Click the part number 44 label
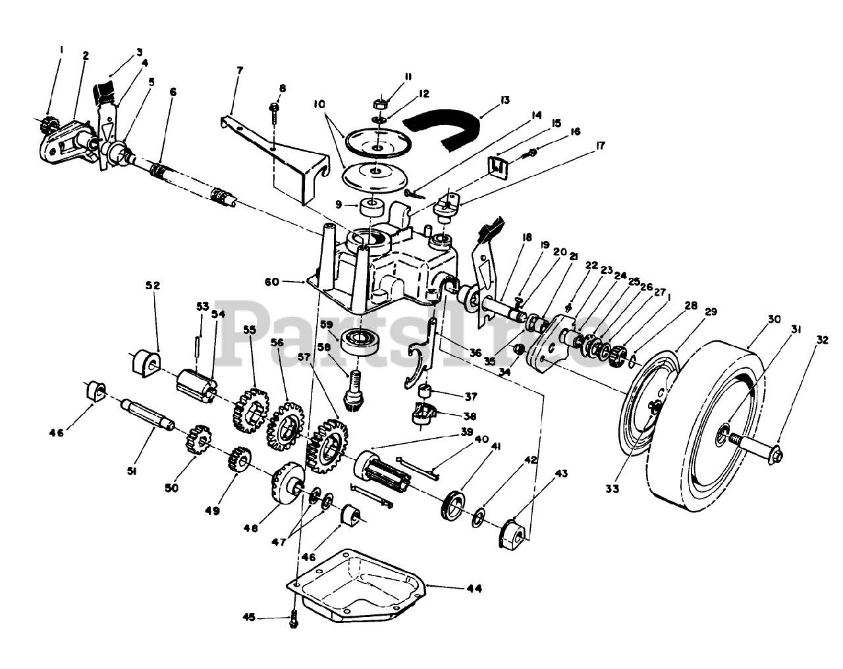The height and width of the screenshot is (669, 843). click(474, 588)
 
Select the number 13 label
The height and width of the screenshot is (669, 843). click(504, 100)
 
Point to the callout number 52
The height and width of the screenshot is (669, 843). click(153, 285)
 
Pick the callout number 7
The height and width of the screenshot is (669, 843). click(239, 69)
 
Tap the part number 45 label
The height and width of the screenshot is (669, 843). click(248, 617)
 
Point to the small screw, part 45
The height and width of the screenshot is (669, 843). click(294, 620)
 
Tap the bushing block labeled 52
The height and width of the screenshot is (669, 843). click(144, 363)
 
